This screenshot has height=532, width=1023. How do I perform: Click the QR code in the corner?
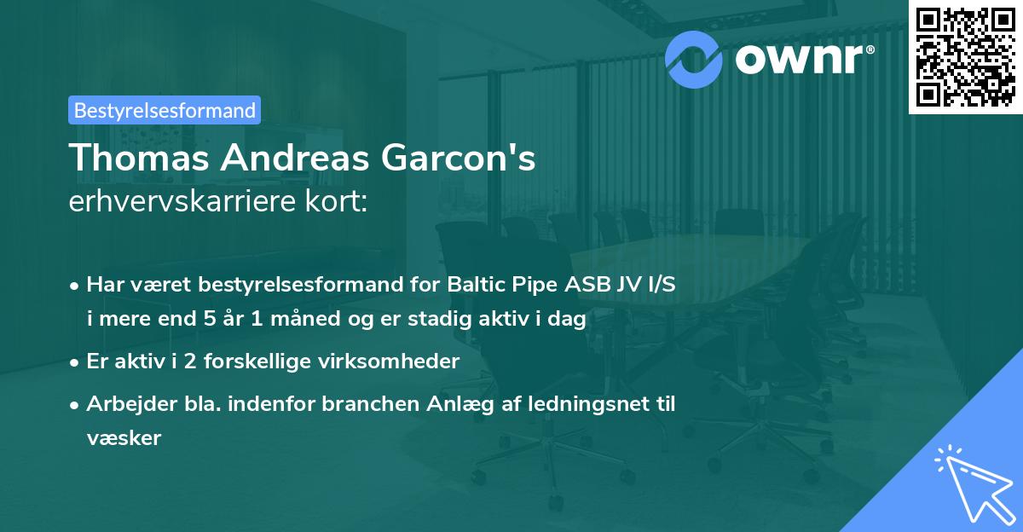[x=964, y=56]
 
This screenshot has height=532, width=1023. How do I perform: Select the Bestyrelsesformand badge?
[x=165, y=110]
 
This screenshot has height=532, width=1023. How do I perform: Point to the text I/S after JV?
[x=660, y=286]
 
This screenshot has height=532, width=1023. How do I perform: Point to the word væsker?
[x=124, y=437]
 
